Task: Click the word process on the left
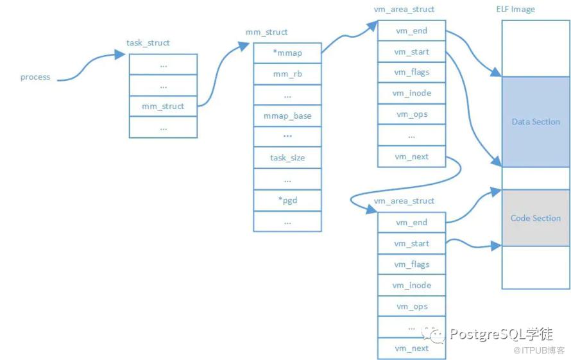pyautogui.click(x=35, y=77)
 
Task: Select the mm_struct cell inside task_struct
pyautogui.click(x=163, y=107)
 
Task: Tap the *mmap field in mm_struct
pyautogui.click(x=287, y=53)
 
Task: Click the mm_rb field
pyautogui.click(x=287, y=74)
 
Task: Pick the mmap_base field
pyautogui.click(x=287, y=116)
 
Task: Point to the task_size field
pyautogui.click(x=287, y=158)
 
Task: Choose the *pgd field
pyautogui.click(x=287, y=200)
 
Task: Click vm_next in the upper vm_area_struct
pyautogui.click(x=411, y=157)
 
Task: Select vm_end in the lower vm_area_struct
pyautogui.click(x=411, y=223)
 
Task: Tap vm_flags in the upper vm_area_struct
pyautogui.click(x=411, y=73)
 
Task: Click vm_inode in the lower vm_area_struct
pyautogui.click(x=411, y=286)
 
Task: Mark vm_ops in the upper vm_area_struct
pyautogui.click(x=411, y=114)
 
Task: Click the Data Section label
pyautogui.click(x=536, y=122)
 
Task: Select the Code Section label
pyautogui.click(x=536, y=218)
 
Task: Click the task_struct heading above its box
pyautogui.click(x=148, y=43)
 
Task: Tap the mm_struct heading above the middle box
pyautogui.click(x=267, y=32)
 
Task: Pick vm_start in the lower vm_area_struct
pyautogui.click(x=411, y=244)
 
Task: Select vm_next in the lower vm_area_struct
pyautogui.click(x=411, y=348)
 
